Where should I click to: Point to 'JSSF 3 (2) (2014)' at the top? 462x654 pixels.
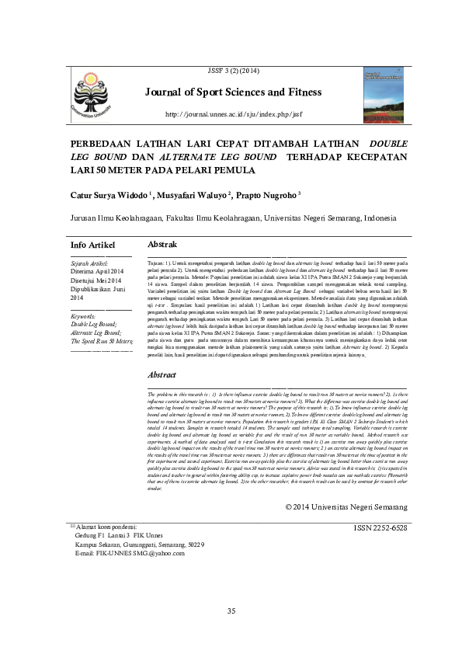pyautogui.click(x=233, y=71)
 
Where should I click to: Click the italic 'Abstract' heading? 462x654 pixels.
pyautogui.click(x=163, y=374)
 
